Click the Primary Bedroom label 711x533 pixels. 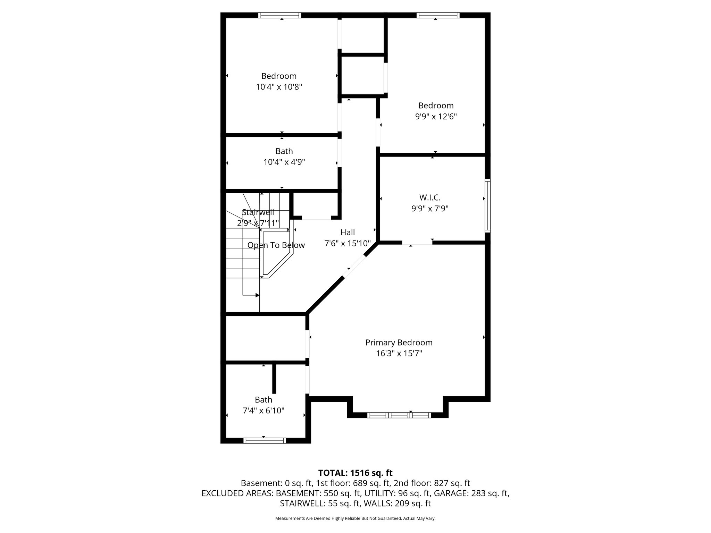(x=399, y=342)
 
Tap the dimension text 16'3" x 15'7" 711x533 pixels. (x=399, y=354)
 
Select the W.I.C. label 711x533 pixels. (x=430, y=197)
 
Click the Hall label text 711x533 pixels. (x=348, y=232)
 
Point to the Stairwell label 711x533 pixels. (x=258, y=212)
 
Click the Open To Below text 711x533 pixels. (x=276, y=245)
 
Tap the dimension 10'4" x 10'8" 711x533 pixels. (x=279, y=87)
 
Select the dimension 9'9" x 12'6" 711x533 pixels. (x=436, y=116)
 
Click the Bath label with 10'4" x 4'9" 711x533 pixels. (x=284, y=151)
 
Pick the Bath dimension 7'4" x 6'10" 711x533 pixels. (x=264, y=411)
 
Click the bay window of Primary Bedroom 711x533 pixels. (x=399, y=415)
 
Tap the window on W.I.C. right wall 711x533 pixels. (x=487, y=205)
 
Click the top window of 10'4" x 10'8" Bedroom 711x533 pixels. (x=279, y=15)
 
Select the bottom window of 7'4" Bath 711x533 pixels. (x=265, y=441)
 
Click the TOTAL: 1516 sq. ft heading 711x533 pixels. (x=355, y=473)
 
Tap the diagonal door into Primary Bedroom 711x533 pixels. (x=354, y=266)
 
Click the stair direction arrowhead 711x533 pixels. (x=257, y=295)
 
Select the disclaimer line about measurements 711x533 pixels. (x=355, y=518)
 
